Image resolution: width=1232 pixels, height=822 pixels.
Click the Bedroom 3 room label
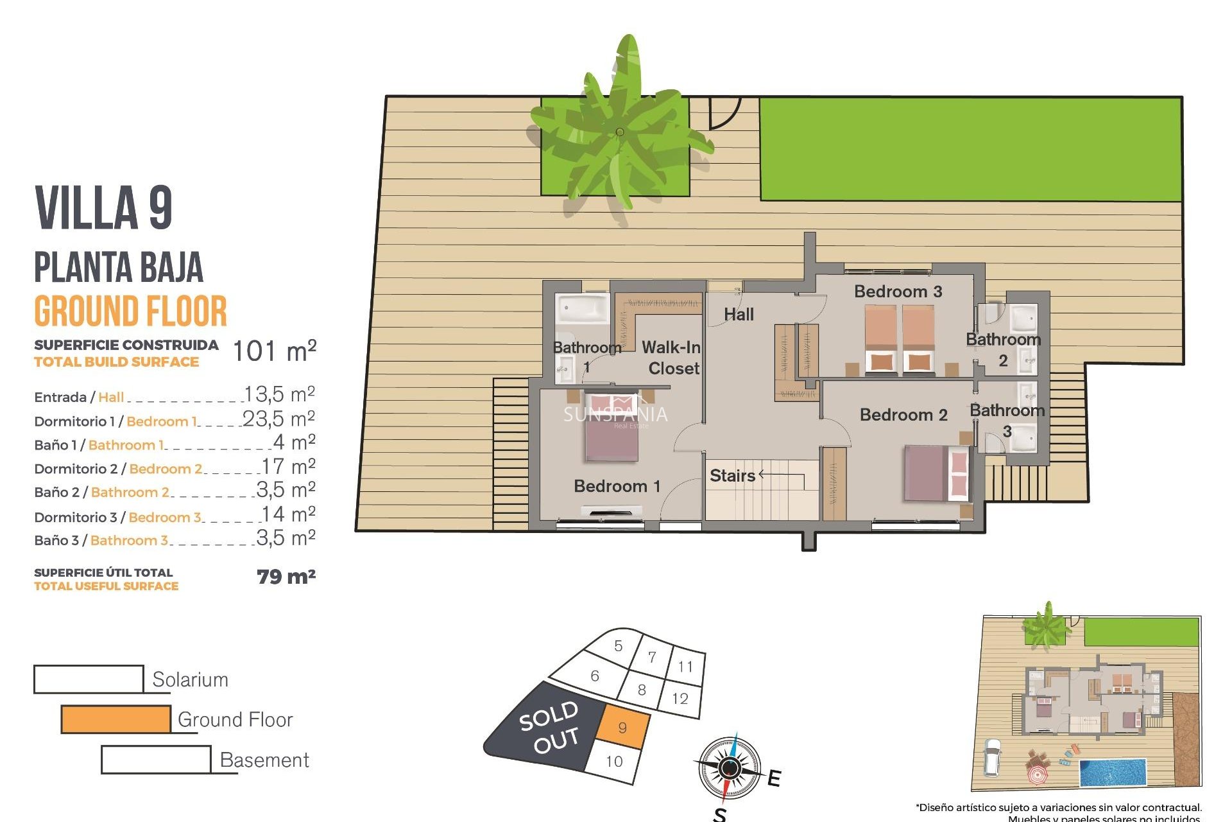tap(898, 292)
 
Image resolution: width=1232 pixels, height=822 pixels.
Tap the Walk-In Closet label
tap(672, 358)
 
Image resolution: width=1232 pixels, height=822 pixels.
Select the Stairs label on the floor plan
tap(732, 476)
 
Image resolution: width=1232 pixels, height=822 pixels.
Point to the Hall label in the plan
tap(739, 315)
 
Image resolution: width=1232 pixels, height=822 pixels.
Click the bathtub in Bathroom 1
tap(581, 309)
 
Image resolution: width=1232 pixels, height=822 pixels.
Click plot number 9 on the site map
tap(622, 728)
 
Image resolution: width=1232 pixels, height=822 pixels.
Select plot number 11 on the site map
tap(685, 667)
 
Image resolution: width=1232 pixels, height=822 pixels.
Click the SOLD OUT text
tap(550, 727)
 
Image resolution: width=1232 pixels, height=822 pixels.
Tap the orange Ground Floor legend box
tap(116, 719)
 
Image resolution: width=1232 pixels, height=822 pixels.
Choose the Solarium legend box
tap(89, 679)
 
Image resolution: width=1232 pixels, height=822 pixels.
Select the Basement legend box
tap(156, 760)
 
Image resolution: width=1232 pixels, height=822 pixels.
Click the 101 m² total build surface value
tap(274, 351)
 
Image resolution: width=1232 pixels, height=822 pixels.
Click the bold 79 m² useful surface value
tap(286, 577)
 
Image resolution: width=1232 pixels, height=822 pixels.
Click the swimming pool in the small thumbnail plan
tap(1113, 773)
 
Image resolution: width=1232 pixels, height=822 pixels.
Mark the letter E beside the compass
tap(774, 778)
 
